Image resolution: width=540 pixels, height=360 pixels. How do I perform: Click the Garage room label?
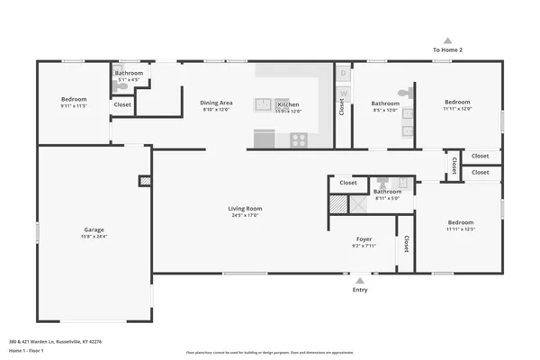point(94,230)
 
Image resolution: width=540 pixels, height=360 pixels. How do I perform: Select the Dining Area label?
point(215,103)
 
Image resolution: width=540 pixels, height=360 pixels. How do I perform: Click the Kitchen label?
point(288,104)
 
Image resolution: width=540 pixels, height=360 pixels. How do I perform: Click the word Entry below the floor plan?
point(360,290)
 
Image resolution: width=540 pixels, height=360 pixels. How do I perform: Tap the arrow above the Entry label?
point(360,280)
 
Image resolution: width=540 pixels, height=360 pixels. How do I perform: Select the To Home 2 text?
point(447,50)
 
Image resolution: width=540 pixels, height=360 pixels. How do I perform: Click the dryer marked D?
point(342,74)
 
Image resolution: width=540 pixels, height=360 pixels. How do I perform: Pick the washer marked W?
point(342,93)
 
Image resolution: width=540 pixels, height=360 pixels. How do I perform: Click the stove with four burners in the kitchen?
point(298,139)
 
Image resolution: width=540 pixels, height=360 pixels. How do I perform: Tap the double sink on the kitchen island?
point(264,104)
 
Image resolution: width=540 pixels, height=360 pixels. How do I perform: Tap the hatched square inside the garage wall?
point(144,181)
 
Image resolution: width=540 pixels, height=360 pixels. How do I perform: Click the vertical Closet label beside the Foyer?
point(406,243)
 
